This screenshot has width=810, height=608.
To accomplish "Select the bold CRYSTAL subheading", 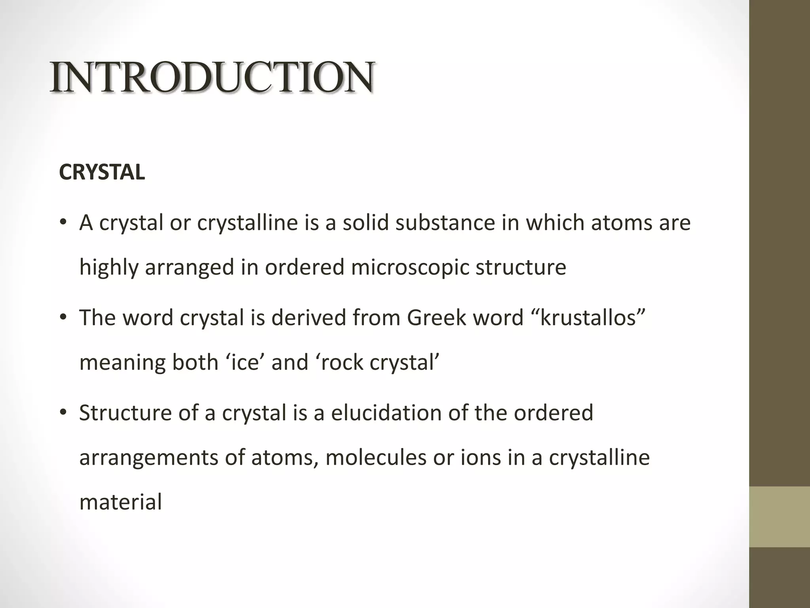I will point(102,173).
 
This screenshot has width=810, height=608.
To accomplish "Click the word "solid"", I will point(366,222).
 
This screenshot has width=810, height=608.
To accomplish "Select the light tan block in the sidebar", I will point(779,517).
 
